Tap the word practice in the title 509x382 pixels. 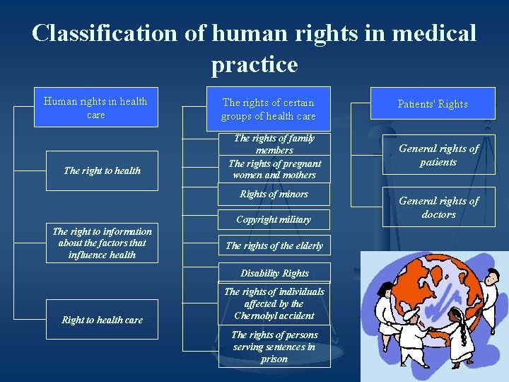[254, 64]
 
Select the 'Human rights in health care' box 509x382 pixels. [95, 108]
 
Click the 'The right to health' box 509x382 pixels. [102, 170]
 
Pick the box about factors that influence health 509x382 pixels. [102, 243]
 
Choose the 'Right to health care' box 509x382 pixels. [102, 320]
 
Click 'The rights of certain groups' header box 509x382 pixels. [268, 109]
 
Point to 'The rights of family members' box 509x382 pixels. [274, 144]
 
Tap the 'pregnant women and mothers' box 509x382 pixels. [274, 169]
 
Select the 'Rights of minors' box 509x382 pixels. [274, 194]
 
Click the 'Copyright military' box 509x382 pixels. [274, 219]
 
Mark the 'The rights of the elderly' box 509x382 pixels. [274, 245]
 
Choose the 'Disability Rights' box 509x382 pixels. [274, 272]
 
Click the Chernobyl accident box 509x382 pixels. [274, 303]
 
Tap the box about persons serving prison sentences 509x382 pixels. [274, 347]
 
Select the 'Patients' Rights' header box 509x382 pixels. [432, 104]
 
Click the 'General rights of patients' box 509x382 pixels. [438, 155]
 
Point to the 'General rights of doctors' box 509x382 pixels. [438, 207]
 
